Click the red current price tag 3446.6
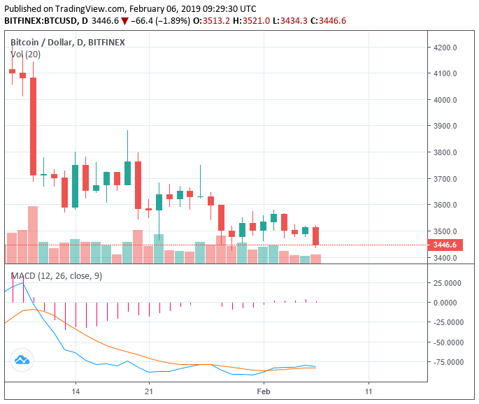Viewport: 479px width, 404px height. tap(445, 245)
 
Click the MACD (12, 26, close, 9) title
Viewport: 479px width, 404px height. tap(56, 276)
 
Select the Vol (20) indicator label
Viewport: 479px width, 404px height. tap(25, 54)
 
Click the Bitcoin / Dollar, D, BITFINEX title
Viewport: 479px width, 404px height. tap(67, 42)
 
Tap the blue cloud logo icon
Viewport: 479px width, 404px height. tap(21, 361)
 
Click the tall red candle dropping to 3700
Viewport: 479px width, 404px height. tap(33, 126)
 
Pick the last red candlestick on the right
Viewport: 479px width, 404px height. tap(316, 236)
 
